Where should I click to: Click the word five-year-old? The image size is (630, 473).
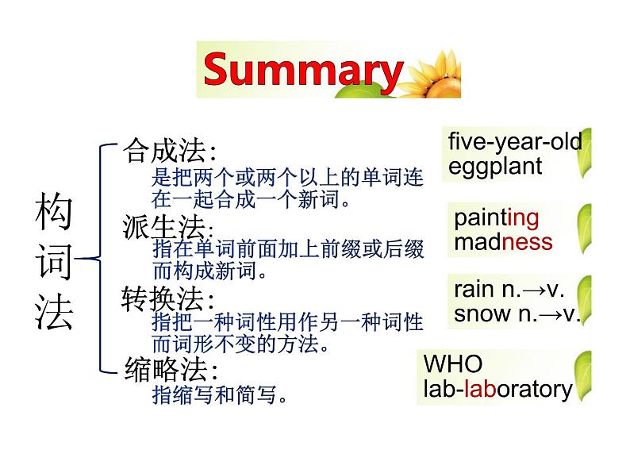coord(515,141)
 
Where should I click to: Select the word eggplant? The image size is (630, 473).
coord(495,167)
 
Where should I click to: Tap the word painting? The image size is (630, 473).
coord(496,218)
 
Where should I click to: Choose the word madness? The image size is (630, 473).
coord(503,242)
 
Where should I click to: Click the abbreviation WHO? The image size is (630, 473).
coord(453,363)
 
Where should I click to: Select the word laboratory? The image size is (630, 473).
coord(518,389)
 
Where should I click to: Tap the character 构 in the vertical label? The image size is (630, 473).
coord(54,210)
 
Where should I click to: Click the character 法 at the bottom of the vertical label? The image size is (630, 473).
coord(54,312)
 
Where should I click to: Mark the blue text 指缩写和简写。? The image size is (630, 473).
coord(220,394)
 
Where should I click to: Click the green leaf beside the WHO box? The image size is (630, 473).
coord(583,375)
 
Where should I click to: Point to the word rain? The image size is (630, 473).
coord(474,290)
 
